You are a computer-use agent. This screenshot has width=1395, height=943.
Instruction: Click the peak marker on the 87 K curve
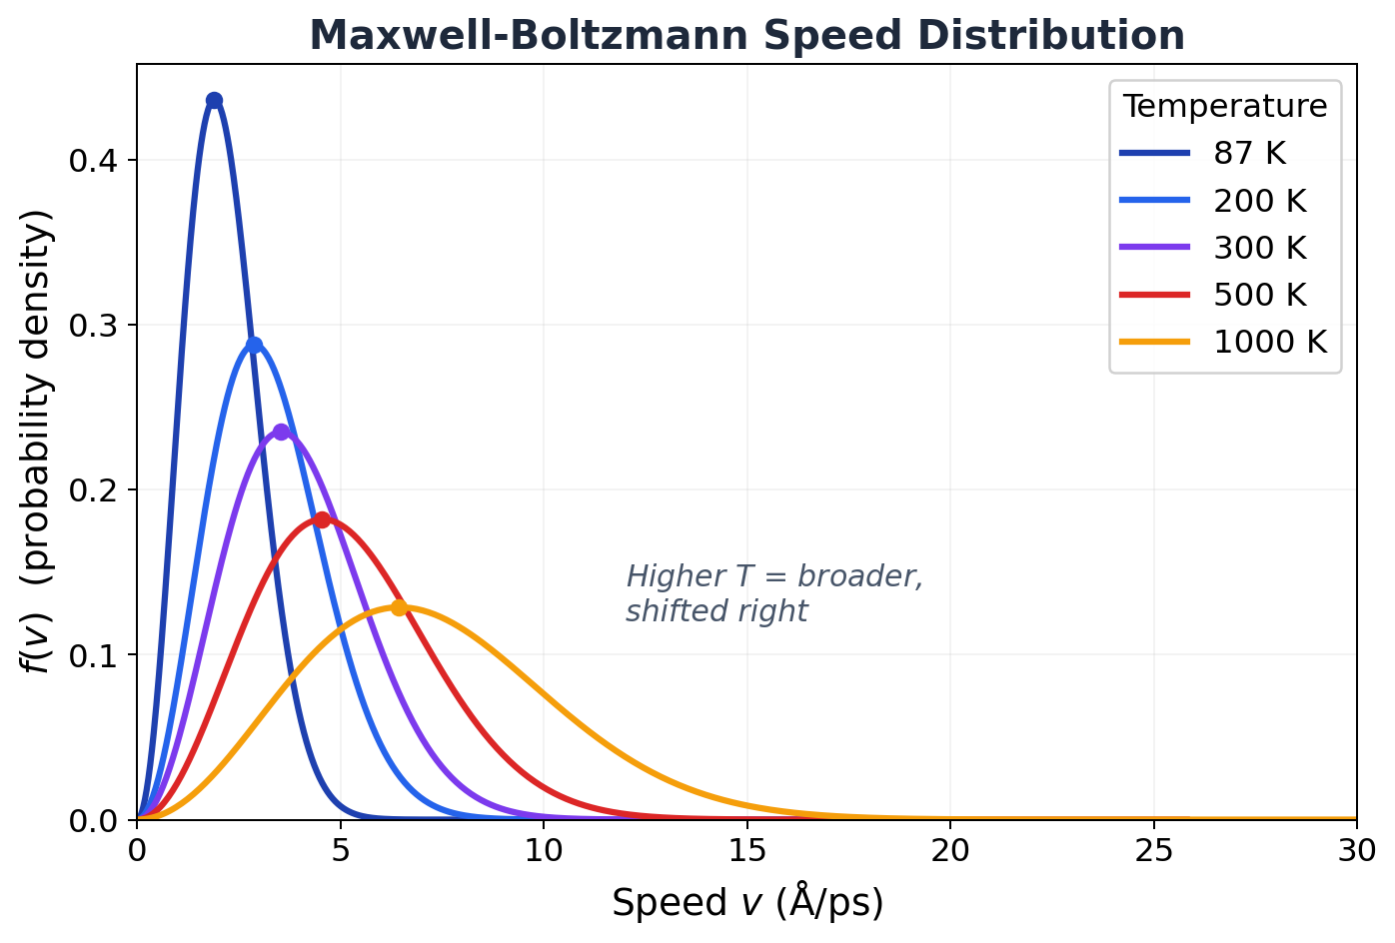click(x=214, y=101)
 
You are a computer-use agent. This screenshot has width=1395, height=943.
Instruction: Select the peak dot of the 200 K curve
click(x=254, y=346)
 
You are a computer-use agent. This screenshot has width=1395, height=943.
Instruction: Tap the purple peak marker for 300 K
click(x=281, y=432)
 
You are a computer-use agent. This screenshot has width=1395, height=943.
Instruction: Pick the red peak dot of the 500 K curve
click(x=322, y=519)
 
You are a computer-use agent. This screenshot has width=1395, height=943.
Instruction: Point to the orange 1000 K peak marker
click(x=399, y=607)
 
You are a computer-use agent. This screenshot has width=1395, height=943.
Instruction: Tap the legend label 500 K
click(x=1259, y=295)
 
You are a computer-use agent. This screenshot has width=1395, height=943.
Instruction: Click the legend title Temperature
click(x=1225, y=106)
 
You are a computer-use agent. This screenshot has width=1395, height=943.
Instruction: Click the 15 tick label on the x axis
click(x=747, y=850)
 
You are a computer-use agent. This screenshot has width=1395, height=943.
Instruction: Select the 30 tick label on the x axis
click(x=1356, y=850)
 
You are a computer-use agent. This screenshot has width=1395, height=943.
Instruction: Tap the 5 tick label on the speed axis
click(x=341, y=850)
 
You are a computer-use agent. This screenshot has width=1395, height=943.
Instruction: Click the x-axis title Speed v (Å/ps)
click(x=747, y=902)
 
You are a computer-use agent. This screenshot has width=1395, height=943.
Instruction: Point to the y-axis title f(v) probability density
click(x=38, y=441)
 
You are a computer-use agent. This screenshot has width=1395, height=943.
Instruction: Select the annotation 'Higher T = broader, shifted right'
click(x=774, y=593)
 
